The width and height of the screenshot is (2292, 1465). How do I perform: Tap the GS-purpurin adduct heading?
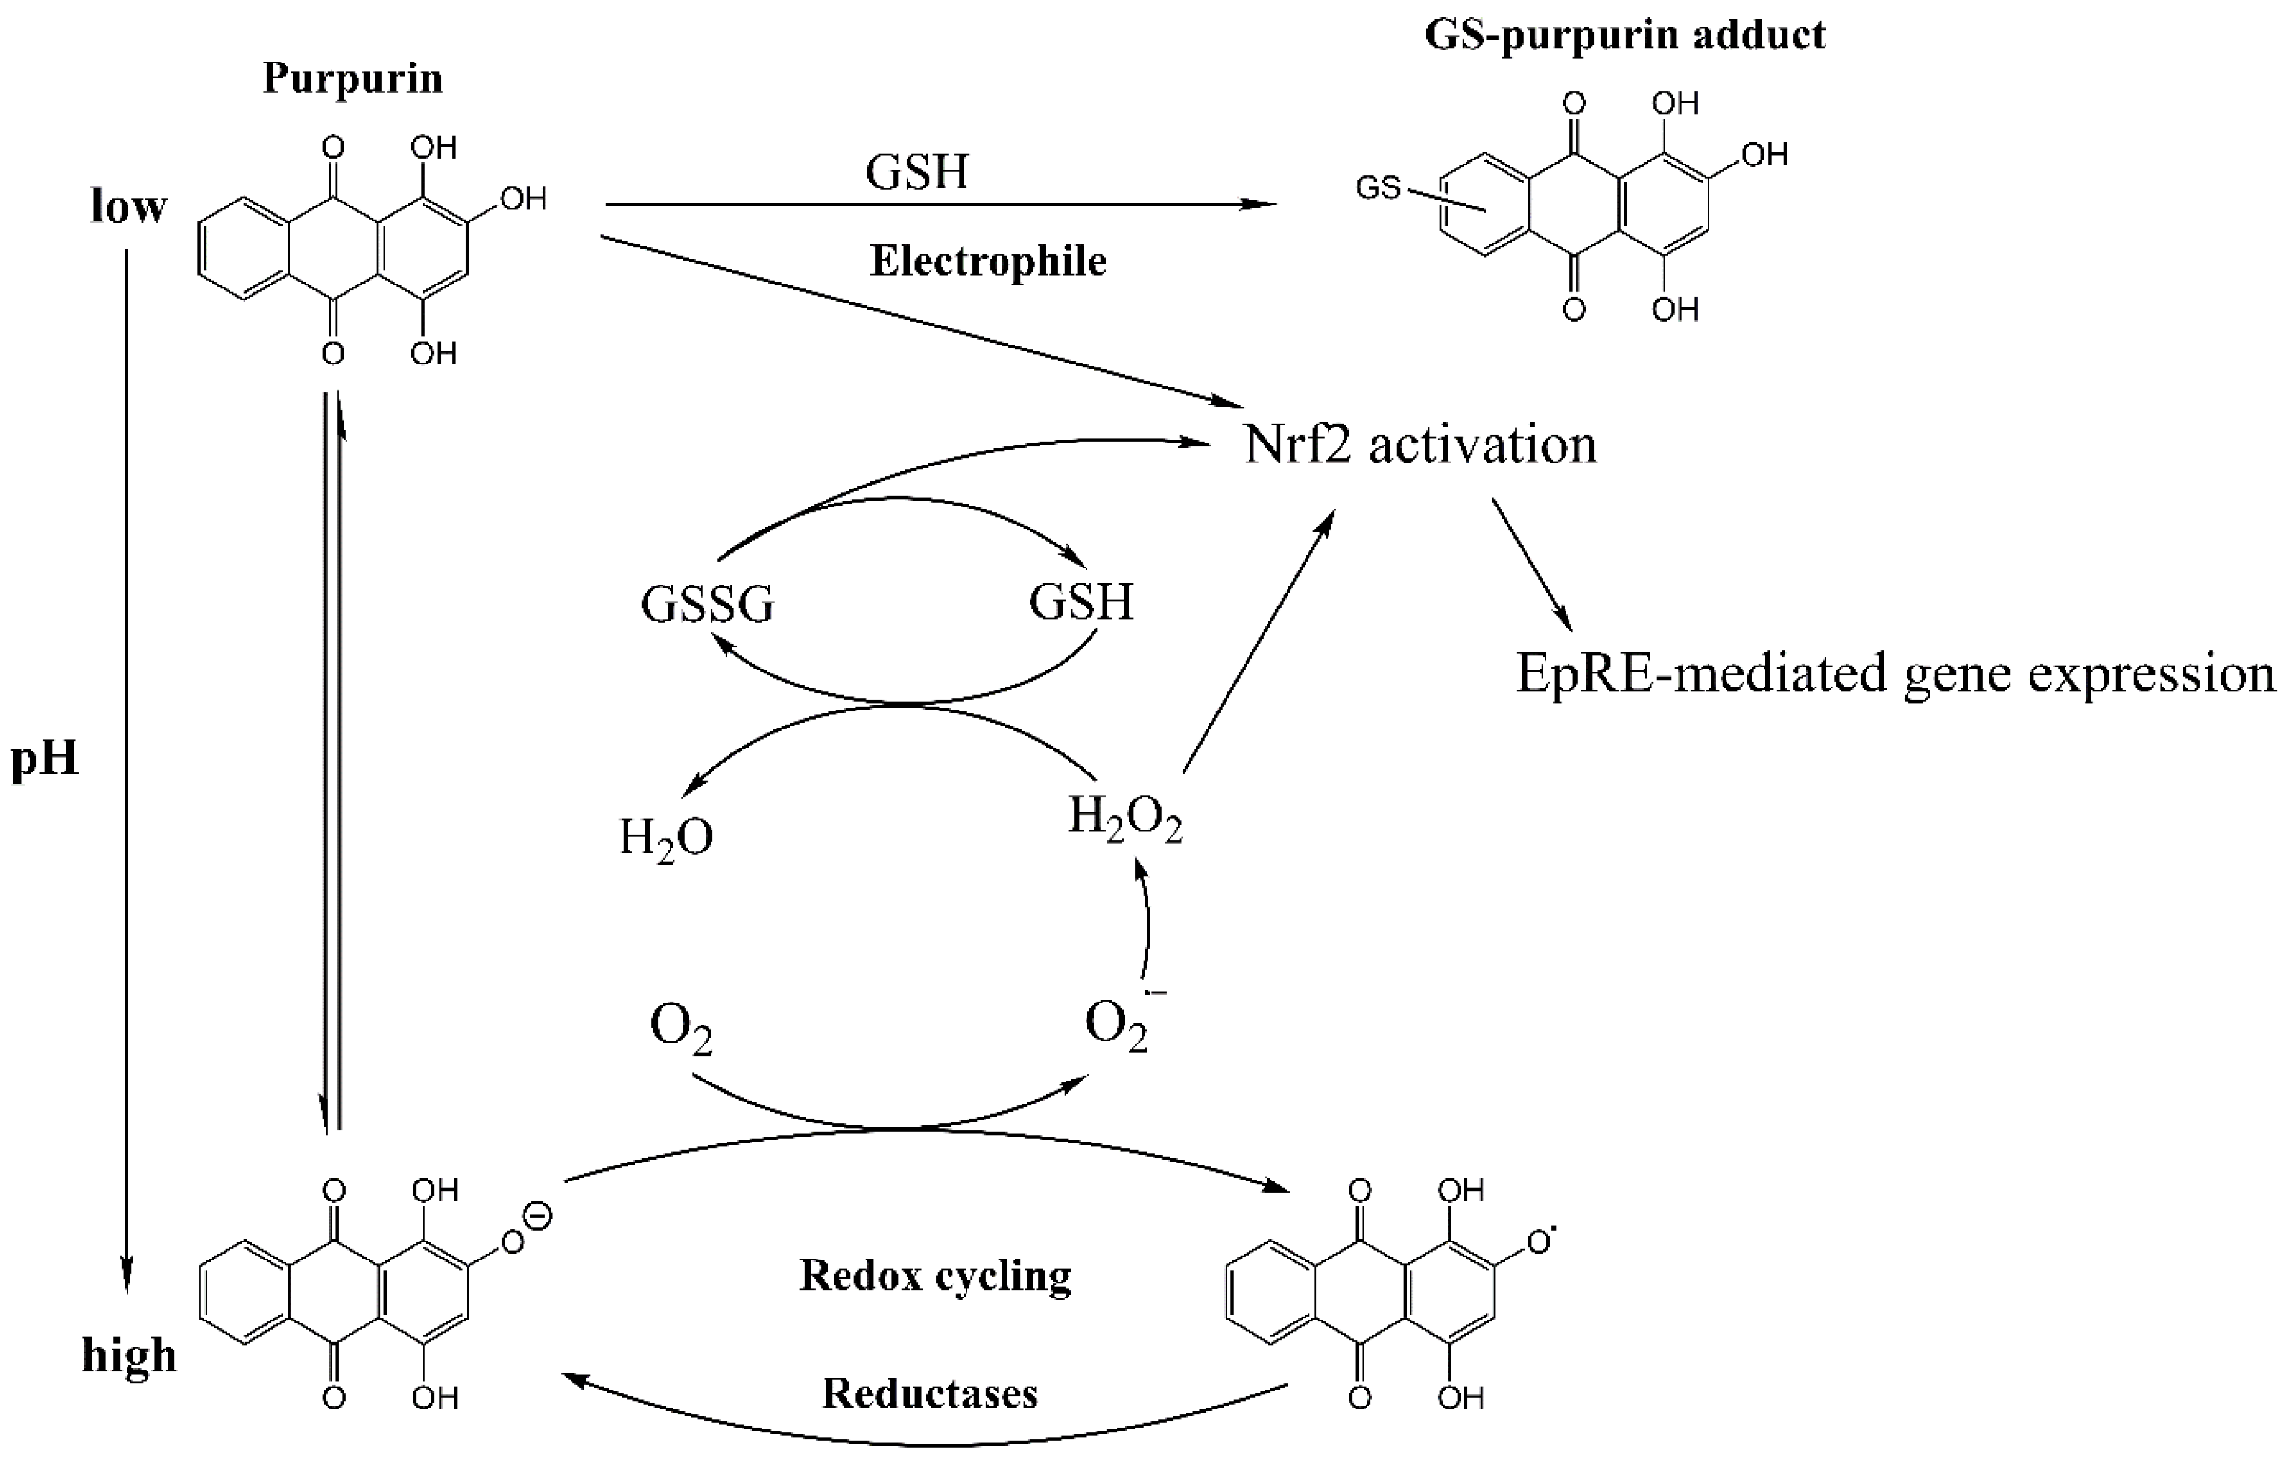(x=1625, y=35)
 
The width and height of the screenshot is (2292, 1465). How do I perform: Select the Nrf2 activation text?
(x=1420, y=445)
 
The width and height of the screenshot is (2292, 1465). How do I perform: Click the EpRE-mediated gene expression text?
(x=1894, y=674)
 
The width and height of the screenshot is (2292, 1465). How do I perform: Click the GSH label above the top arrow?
(x=916, y=173)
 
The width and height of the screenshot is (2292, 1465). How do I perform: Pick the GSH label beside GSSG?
(x=1081, y=602)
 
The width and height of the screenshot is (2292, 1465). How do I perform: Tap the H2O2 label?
(x=1125, y=819)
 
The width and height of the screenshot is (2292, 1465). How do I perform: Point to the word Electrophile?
(x=988, y=261)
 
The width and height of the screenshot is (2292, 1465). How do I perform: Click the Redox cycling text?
(x=935, y=1276)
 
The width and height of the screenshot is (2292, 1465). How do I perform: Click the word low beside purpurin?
(x=128, y=206)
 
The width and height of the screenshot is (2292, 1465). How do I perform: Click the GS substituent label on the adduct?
(x=1377, y=188)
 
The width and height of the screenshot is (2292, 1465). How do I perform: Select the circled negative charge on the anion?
(x=539, y=1216)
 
